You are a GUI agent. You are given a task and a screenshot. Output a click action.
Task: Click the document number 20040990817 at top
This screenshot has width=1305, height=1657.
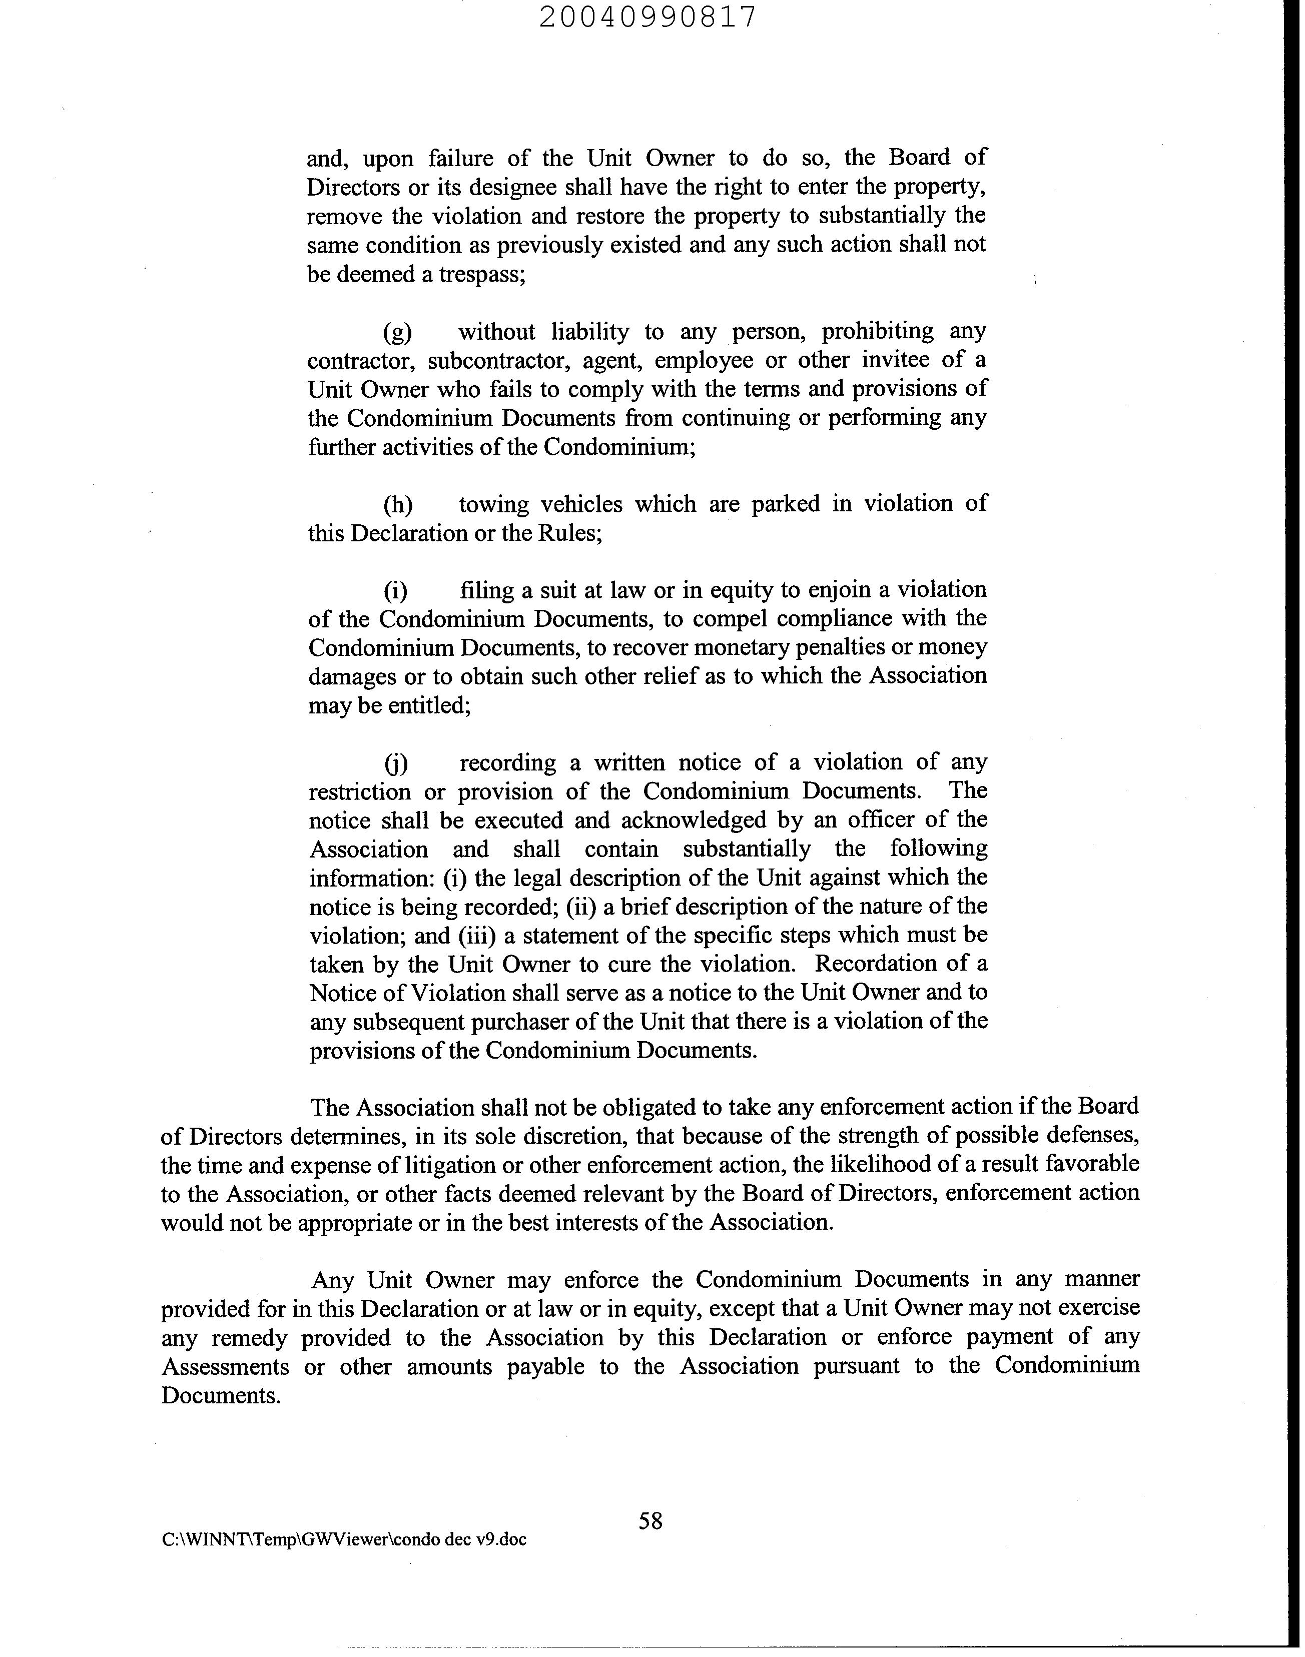coord(648,17)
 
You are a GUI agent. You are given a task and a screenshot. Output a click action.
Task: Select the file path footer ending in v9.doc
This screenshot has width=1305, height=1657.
coord(344,1539)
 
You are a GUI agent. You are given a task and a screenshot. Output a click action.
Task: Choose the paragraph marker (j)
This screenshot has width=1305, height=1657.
coord(396,763)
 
